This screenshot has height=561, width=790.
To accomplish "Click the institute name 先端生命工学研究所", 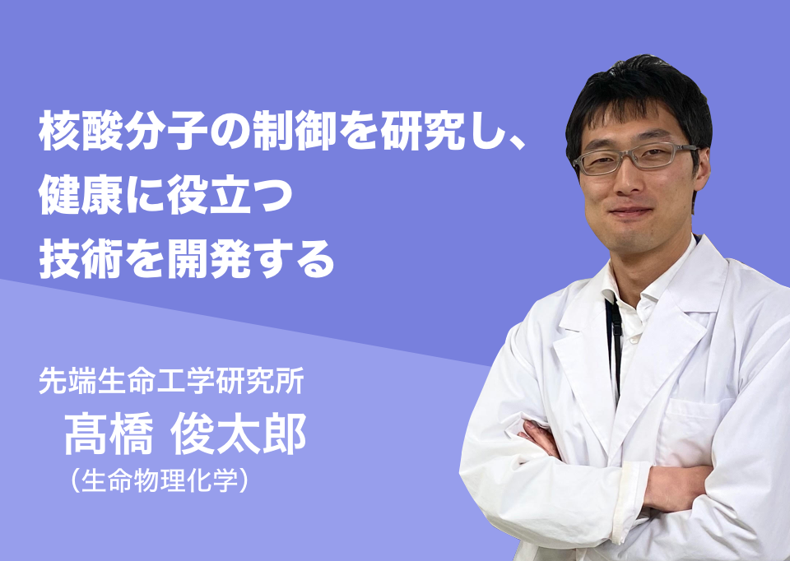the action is [x=171, y=382].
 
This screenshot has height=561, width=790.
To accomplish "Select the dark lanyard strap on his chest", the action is [x=615, y=347].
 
